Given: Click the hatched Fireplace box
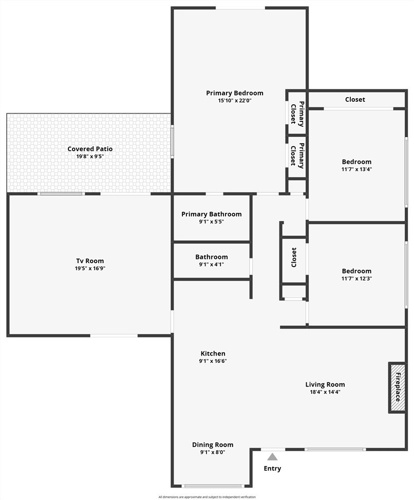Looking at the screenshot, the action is click(x=397, y=388).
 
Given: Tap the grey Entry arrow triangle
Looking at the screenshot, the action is click(x=272, y=457).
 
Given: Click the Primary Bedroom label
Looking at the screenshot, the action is click(x=235, y=93).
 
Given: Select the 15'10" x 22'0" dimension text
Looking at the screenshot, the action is click(x=235, y=101).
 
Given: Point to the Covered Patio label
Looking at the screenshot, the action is click(x=90, y=149).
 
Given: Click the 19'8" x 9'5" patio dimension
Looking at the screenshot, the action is click(x=90, y=157).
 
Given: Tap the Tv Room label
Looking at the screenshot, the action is click(x=90, y=261).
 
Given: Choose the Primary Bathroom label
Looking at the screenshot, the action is click(x=211, y=214).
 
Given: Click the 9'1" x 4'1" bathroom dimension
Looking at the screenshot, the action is click(x=211, y=264).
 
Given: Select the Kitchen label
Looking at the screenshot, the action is click(x=213, y=354).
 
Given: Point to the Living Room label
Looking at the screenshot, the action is click(x=325, y=384).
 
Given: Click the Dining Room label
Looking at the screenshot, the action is click(x=213, y=445).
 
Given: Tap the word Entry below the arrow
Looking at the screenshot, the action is click(x=272, y=469).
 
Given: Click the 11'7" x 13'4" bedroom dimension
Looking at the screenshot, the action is click(x=356, y=170).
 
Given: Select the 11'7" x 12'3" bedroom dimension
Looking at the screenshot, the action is click(x=356, y=279).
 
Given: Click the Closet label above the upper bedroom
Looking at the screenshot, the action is click(x=355, y=100).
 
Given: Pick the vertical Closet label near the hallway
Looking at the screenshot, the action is click(x=294, y=257).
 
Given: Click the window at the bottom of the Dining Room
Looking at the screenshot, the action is click(x=213, y=486).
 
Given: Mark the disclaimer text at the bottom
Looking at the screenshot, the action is click(x=207, y=497).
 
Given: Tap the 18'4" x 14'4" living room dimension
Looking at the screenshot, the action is click(x=325, y=392).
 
